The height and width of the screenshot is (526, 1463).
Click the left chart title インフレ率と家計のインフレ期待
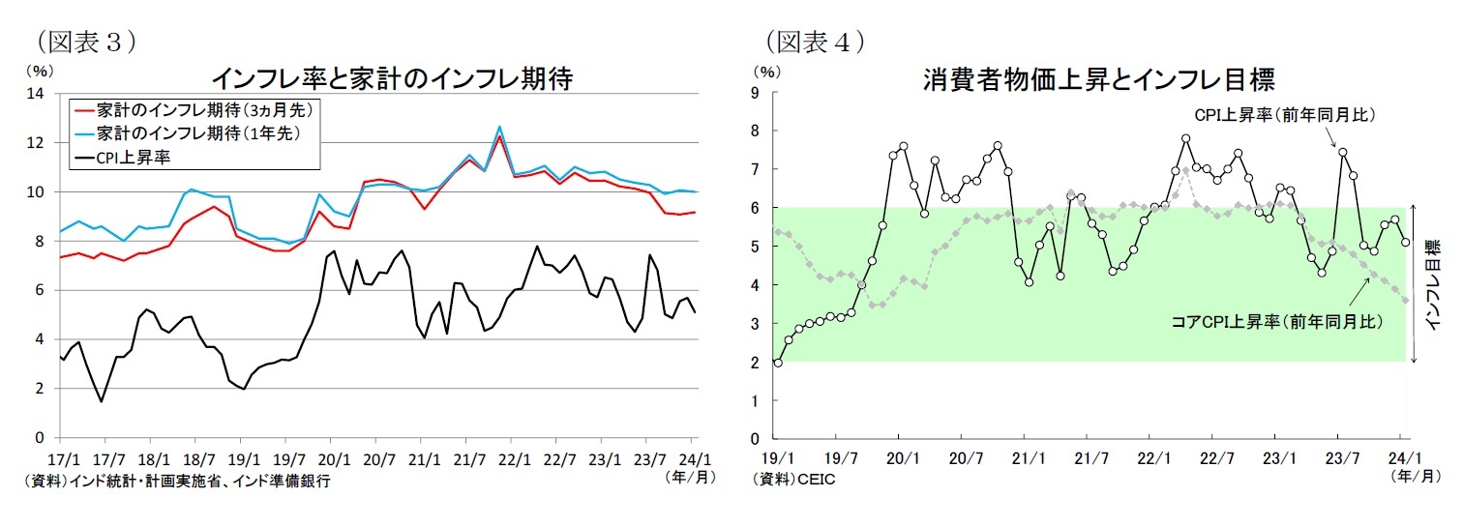tap(392, 78)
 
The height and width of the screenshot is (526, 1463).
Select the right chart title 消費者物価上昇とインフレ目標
tap(1098, 78)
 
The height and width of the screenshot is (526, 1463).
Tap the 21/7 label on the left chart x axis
tap(469, 459)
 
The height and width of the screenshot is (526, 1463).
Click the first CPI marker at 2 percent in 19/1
tap(778, 362)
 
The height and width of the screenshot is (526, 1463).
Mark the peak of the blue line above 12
tap(499, 127)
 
